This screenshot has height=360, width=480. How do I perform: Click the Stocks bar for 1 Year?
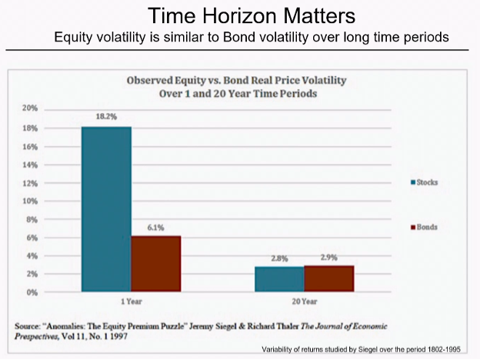(x=107, y=208)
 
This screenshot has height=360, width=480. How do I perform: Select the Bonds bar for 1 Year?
(x=155, y=264)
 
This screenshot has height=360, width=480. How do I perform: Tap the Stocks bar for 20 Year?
(x=278, y=278)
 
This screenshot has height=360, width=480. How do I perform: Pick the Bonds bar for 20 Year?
(x=328, y=278)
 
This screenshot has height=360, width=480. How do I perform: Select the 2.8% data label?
(x=278, y=259)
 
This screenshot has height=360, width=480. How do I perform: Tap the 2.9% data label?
(x=328, y=258)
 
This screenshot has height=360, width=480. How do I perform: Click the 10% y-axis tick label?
(x=30, y=201)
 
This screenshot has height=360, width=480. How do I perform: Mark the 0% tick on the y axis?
(x=32, y=292)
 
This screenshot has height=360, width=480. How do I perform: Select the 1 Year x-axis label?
(x=131, y=302)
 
